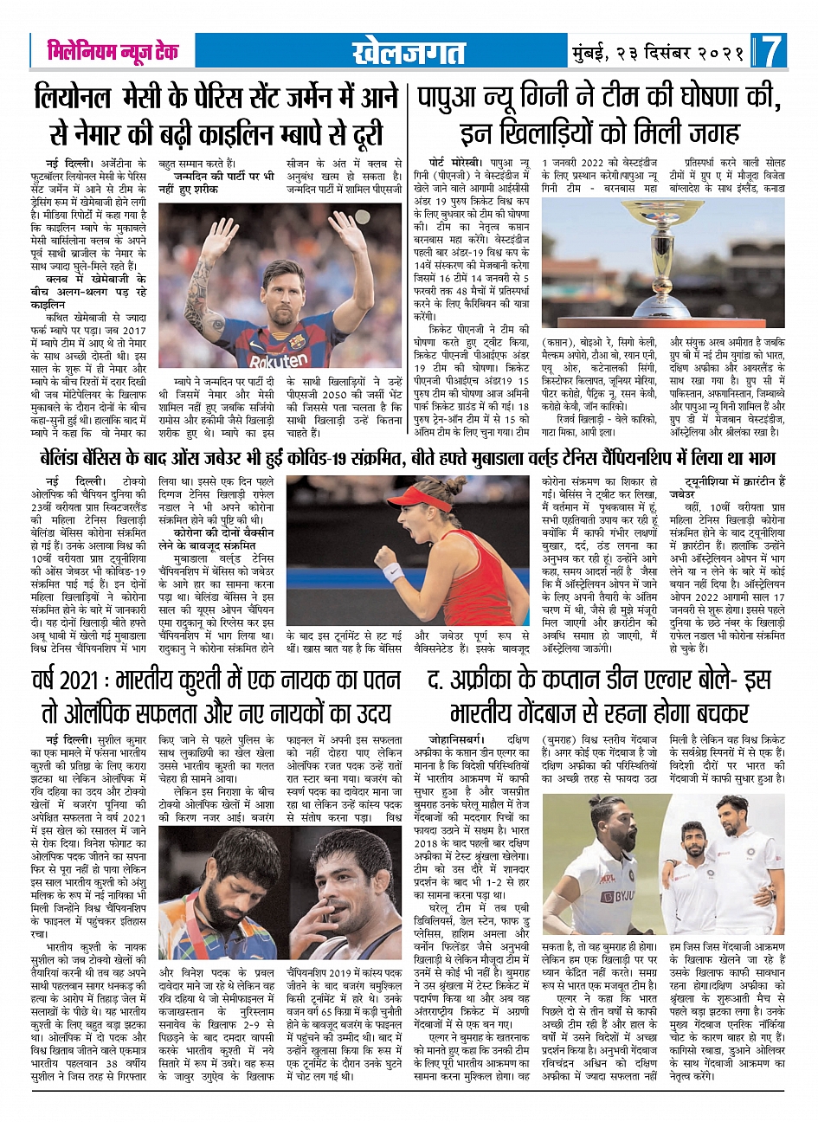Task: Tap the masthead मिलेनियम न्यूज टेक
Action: point(113,52)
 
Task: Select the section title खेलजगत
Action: point(409,53)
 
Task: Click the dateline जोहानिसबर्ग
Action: point(472,740)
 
